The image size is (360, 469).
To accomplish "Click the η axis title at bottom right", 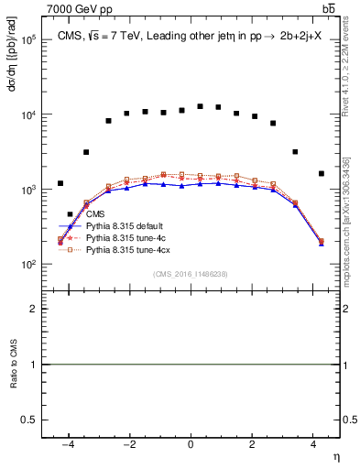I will [x=336, y=456].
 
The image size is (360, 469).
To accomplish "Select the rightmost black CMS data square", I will [x=321, y=173].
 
